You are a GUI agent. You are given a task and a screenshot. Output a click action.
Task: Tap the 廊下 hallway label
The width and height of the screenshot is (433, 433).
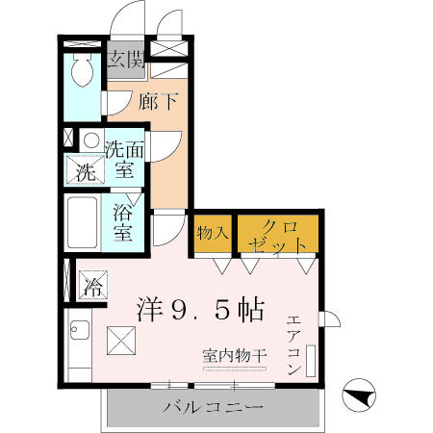[x=160, y=101]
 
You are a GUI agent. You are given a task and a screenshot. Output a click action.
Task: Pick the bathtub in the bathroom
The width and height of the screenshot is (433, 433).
[x=81, y=224]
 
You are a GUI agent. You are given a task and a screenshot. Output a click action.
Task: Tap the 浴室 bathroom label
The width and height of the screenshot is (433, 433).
[x=123, y=222]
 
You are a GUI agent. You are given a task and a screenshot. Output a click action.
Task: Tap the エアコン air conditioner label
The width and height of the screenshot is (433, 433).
[x=294, y=345]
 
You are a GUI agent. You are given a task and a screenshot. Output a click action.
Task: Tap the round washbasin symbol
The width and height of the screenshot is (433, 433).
[x=90, y=140]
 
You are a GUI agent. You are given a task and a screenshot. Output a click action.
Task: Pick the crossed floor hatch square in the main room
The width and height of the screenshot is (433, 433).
[x=122, y=341]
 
